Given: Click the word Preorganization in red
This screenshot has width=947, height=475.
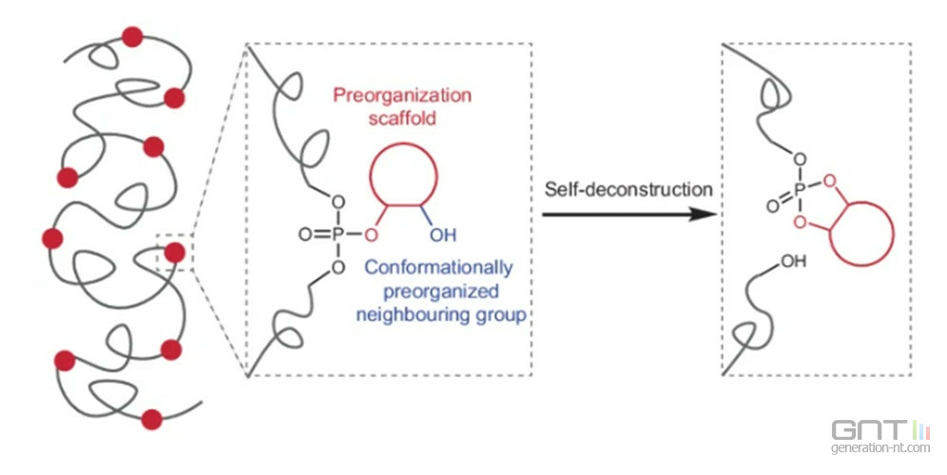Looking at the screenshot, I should coord(401,97).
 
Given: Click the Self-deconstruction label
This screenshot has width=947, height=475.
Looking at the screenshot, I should coord(628,189).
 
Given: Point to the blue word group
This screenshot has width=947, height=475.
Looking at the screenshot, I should coord(504,314).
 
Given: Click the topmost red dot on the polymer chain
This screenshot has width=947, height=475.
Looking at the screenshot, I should coord(132,37).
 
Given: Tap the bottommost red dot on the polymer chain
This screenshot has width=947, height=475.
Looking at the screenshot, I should coord(151,418).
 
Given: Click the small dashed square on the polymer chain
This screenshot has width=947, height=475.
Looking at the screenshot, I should coord(174,252).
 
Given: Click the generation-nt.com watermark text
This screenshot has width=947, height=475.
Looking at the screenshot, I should coord(879,447).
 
